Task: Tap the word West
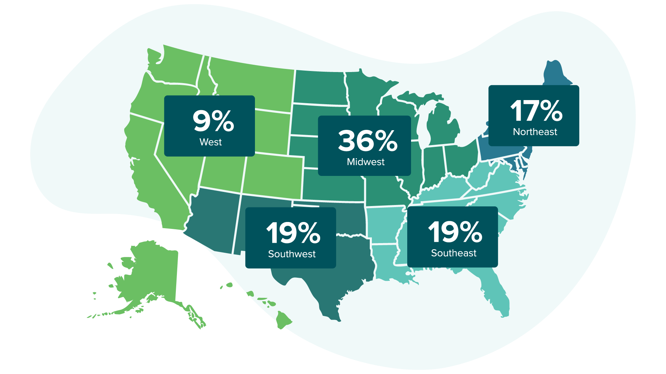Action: [211, 142]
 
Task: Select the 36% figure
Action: [367, 141]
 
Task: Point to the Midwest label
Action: [366, 162]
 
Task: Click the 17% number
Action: [536, 111]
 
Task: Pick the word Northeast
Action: [535, 132]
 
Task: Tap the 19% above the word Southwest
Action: [293, 233]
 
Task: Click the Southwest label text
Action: [292, 254]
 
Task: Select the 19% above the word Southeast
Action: [455, 232]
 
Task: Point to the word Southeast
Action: [454, 253]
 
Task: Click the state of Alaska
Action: [153, 270]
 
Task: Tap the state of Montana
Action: [253, 83]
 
